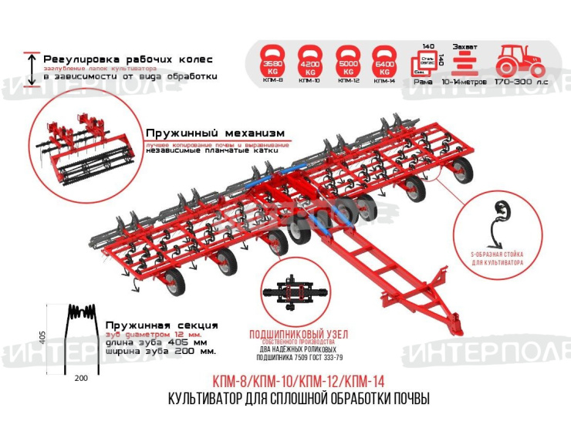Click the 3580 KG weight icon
(272, 59)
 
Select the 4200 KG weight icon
(310, 59)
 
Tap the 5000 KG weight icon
(347, 59)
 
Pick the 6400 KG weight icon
(384, 59)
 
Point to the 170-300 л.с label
(521, 79)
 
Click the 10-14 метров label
(463, 79)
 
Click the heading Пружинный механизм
(209, 132)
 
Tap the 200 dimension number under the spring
(82, 378)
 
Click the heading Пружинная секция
(161, 325)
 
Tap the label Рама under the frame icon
(424, 79)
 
